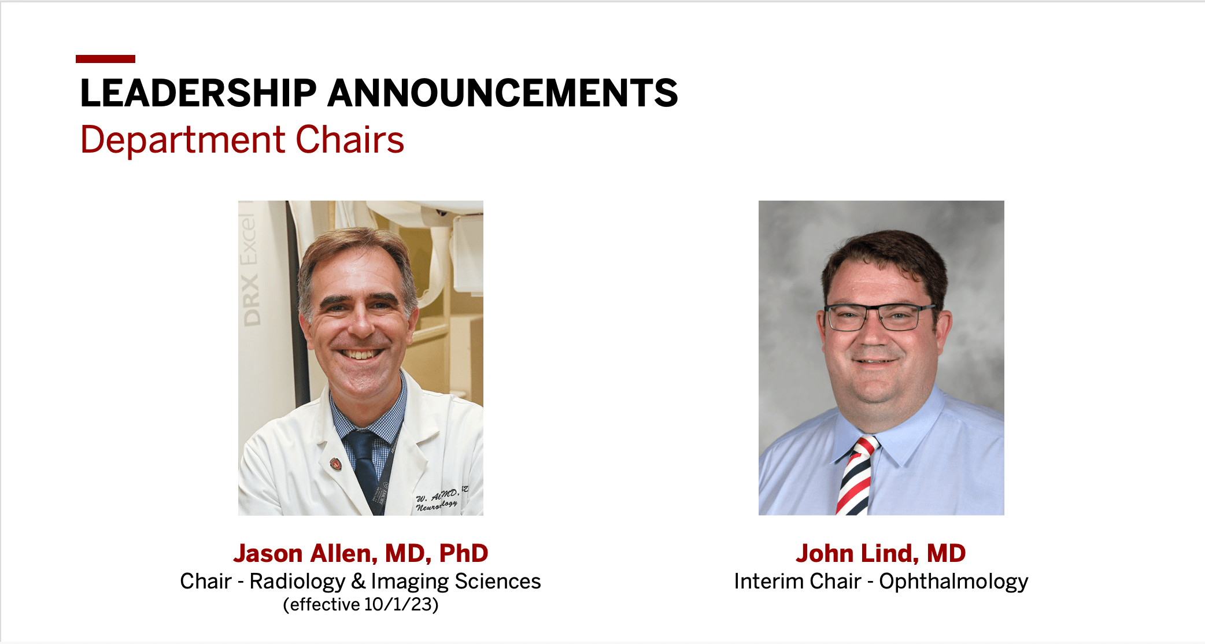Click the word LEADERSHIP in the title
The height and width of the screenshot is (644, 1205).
click(198, 93)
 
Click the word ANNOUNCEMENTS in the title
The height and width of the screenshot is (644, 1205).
click(502, 93)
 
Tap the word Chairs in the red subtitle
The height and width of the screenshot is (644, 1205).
click(350, 140)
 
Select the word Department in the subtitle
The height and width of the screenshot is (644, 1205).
click(183, 140)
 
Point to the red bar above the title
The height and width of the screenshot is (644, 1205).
click(105, 59)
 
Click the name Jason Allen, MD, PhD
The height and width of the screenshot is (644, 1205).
click(361, 553)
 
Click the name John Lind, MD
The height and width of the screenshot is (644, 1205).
click(881, 553)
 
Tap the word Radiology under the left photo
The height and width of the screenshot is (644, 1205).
click(297, 581)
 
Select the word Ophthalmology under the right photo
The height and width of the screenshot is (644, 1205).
click(953, 581)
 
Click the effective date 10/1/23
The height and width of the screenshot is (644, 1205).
click(398, 605)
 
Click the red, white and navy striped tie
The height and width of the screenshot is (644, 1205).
click(856, 477)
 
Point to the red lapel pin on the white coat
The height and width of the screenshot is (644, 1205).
click(335, 464)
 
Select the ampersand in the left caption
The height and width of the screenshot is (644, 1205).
click(358, 581)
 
